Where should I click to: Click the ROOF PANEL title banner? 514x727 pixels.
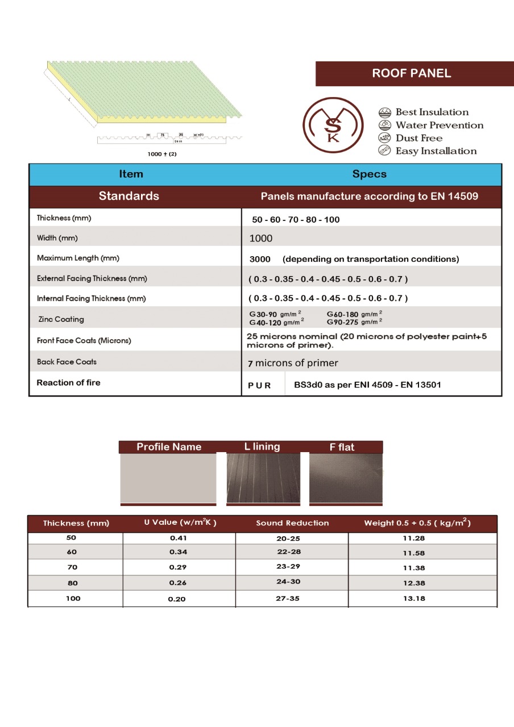(411, 73)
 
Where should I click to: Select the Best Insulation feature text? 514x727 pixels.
(432, 112)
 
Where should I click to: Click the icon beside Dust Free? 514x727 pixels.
(384, 138)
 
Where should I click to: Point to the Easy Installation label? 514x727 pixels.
(436, 151)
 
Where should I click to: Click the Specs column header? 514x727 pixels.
(369, 174)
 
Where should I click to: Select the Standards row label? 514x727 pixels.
(129, 197)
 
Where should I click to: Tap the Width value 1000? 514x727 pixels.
(261, 239)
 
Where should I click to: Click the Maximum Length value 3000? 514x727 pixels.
(260, 259)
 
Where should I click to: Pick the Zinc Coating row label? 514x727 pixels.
(61, 319)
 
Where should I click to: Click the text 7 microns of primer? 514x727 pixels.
(293, 363)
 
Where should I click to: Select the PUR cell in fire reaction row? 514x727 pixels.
(259, 385)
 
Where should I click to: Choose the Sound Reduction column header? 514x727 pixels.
(292, 523)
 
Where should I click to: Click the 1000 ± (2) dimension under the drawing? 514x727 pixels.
(162, 153)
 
